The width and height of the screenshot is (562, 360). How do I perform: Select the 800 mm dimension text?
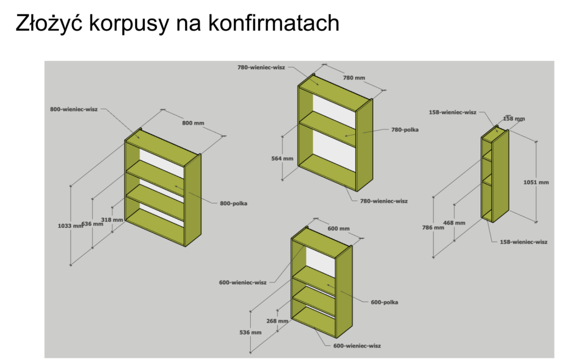(x=193, y=123)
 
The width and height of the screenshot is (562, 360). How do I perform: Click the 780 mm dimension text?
(x=354, y=78)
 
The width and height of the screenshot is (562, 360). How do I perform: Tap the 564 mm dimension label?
(x=283, y=159)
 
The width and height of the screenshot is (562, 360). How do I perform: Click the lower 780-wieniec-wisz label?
(x=384, y=201)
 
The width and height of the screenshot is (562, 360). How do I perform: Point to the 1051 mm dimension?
(x=536, y=182)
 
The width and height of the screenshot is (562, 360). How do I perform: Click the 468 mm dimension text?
(x=454, y=223)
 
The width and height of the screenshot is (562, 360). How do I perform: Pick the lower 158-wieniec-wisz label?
(x=523, y=241)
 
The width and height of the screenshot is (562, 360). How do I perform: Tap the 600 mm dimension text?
(x=339, y=228)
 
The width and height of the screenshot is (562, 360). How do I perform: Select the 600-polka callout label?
(x=384, y=302)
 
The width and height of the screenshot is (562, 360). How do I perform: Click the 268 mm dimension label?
(x=277, y=321)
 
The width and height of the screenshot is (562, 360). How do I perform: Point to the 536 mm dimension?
(x=251, y=333)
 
